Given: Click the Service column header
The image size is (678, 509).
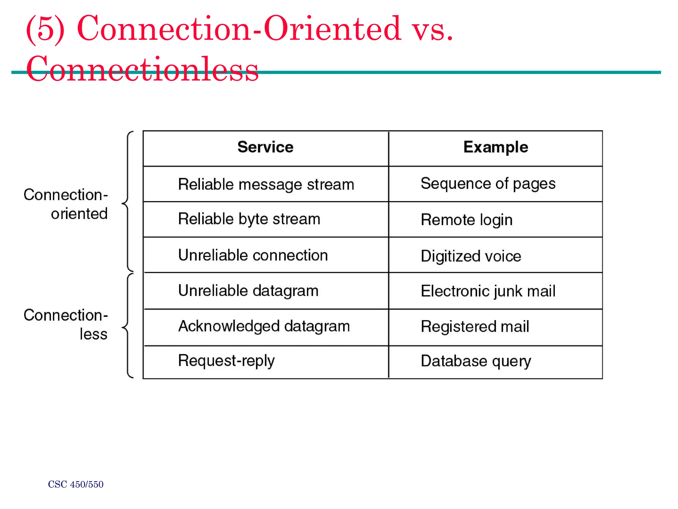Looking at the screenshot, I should pyautogui.click(x=265, y=147).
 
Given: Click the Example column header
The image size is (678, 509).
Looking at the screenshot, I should pyautogui.click(x=496, y=147).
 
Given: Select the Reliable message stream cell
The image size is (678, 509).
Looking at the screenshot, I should pyautogui.click(x=266, y=184).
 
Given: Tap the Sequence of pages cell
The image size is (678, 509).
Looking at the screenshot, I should pyautogui.click(x=488, y=184).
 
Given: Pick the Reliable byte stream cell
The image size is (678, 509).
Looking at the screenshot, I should pyautogui.click(x=249, y=219).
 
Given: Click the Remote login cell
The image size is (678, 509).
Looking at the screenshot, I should pyautogui.click(x=466, y=220).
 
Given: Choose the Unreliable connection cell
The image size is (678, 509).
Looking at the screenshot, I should pyautogui.click(x=253, y=255).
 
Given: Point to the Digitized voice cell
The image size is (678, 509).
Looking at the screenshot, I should pyautogui.click(x=471, y=256).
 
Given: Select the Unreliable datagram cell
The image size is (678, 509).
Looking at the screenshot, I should pyautogui.click(x=248, y=291).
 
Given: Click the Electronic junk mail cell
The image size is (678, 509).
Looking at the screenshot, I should pyautogui.click(x=488, y=291).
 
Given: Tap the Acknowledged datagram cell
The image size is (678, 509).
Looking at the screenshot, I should pyautogui.click(x=264, y=326).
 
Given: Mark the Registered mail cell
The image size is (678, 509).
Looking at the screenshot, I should pyautogui.click(x=475, y=327).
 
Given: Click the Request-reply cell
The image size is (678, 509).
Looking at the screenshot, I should pyautogui.click(x=226, y=361).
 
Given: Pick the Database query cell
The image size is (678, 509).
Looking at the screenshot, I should pyautogui.click(x=476, y=361).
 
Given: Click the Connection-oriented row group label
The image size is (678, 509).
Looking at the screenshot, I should pyautogui.click(x=66, y=204).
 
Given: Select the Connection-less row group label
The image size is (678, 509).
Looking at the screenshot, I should pyautogui.click(x=66, y=324).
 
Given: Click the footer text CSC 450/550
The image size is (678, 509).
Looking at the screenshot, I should pyautogui.click(x=75, y=484).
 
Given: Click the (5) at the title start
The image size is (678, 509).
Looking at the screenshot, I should pyautogui.click(x=45, y=29).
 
